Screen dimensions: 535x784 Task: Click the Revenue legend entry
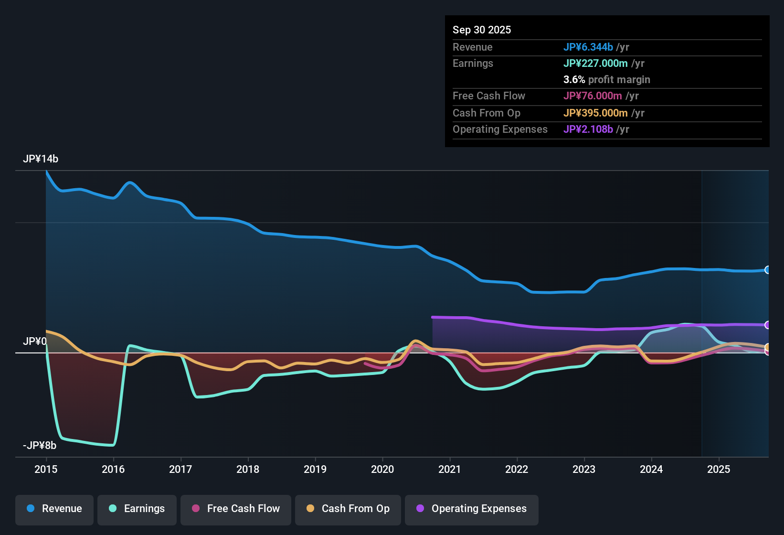pos(54,509)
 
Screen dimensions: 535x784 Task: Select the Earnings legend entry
pos(137,509)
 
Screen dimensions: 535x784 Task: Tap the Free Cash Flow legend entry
pos(236,509)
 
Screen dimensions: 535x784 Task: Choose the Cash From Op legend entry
pos(348,509)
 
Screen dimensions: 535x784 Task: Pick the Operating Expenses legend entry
pos(472,509)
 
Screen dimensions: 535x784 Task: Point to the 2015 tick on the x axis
pos(46,469)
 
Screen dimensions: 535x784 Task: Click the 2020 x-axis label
pos(382,469)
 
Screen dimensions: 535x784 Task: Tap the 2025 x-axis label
pos(719,469)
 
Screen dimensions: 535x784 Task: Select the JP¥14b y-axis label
pos(41,159)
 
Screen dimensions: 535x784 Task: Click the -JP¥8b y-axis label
pos(40,446)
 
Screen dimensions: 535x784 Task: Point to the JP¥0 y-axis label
pos(34,342)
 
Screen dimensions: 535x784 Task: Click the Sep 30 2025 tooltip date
pos(482,30)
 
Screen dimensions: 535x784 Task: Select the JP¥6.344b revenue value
pos(588,47)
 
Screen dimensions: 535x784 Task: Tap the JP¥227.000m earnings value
pos(595,64)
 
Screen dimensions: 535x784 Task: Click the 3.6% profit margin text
pos(606,80)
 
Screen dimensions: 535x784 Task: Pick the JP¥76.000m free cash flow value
pos(593,96)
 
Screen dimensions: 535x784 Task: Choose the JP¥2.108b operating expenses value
pos(588,129)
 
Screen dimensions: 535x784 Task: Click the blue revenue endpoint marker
pos(767,270)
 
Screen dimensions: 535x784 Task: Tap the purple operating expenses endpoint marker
pos(767,325)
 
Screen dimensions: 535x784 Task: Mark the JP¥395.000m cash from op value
pos(595,113)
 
